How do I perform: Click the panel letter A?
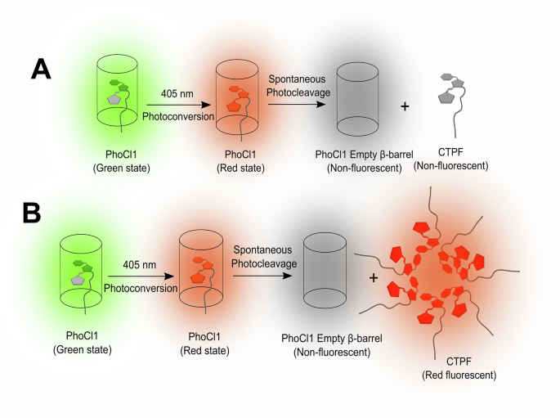click(x=41, y=67)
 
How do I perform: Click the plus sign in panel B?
click(x=374, y=278)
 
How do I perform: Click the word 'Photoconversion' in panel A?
click(x=178, y=117)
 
